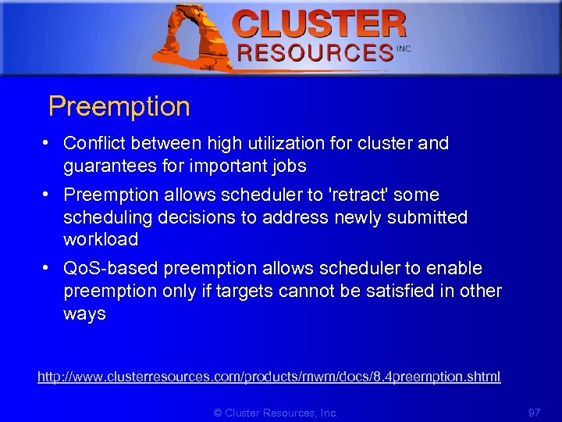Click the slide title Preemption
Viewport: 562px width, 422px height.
click(x=119, y=107)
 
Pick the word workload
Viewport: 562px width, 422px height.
click(x=101, y=239)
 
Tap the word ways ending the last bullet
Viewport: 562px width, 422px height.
click(x=84, y=314)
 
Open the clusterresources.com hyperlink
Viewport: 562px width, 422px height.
click(x=269, y=377)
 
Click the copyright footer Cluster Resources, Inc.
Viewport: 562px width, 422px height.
click(x=276, y=413)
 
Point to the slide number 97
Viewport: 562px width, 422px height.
click(x=535, y=413)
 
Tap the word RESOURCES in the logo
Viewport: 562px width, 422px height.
click(x=315, y=52)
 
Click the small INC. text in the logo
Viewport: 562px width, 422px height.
click(x=404, y=48)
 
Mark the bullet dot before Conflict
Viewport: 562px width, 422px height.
click(x=48, y=144)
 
